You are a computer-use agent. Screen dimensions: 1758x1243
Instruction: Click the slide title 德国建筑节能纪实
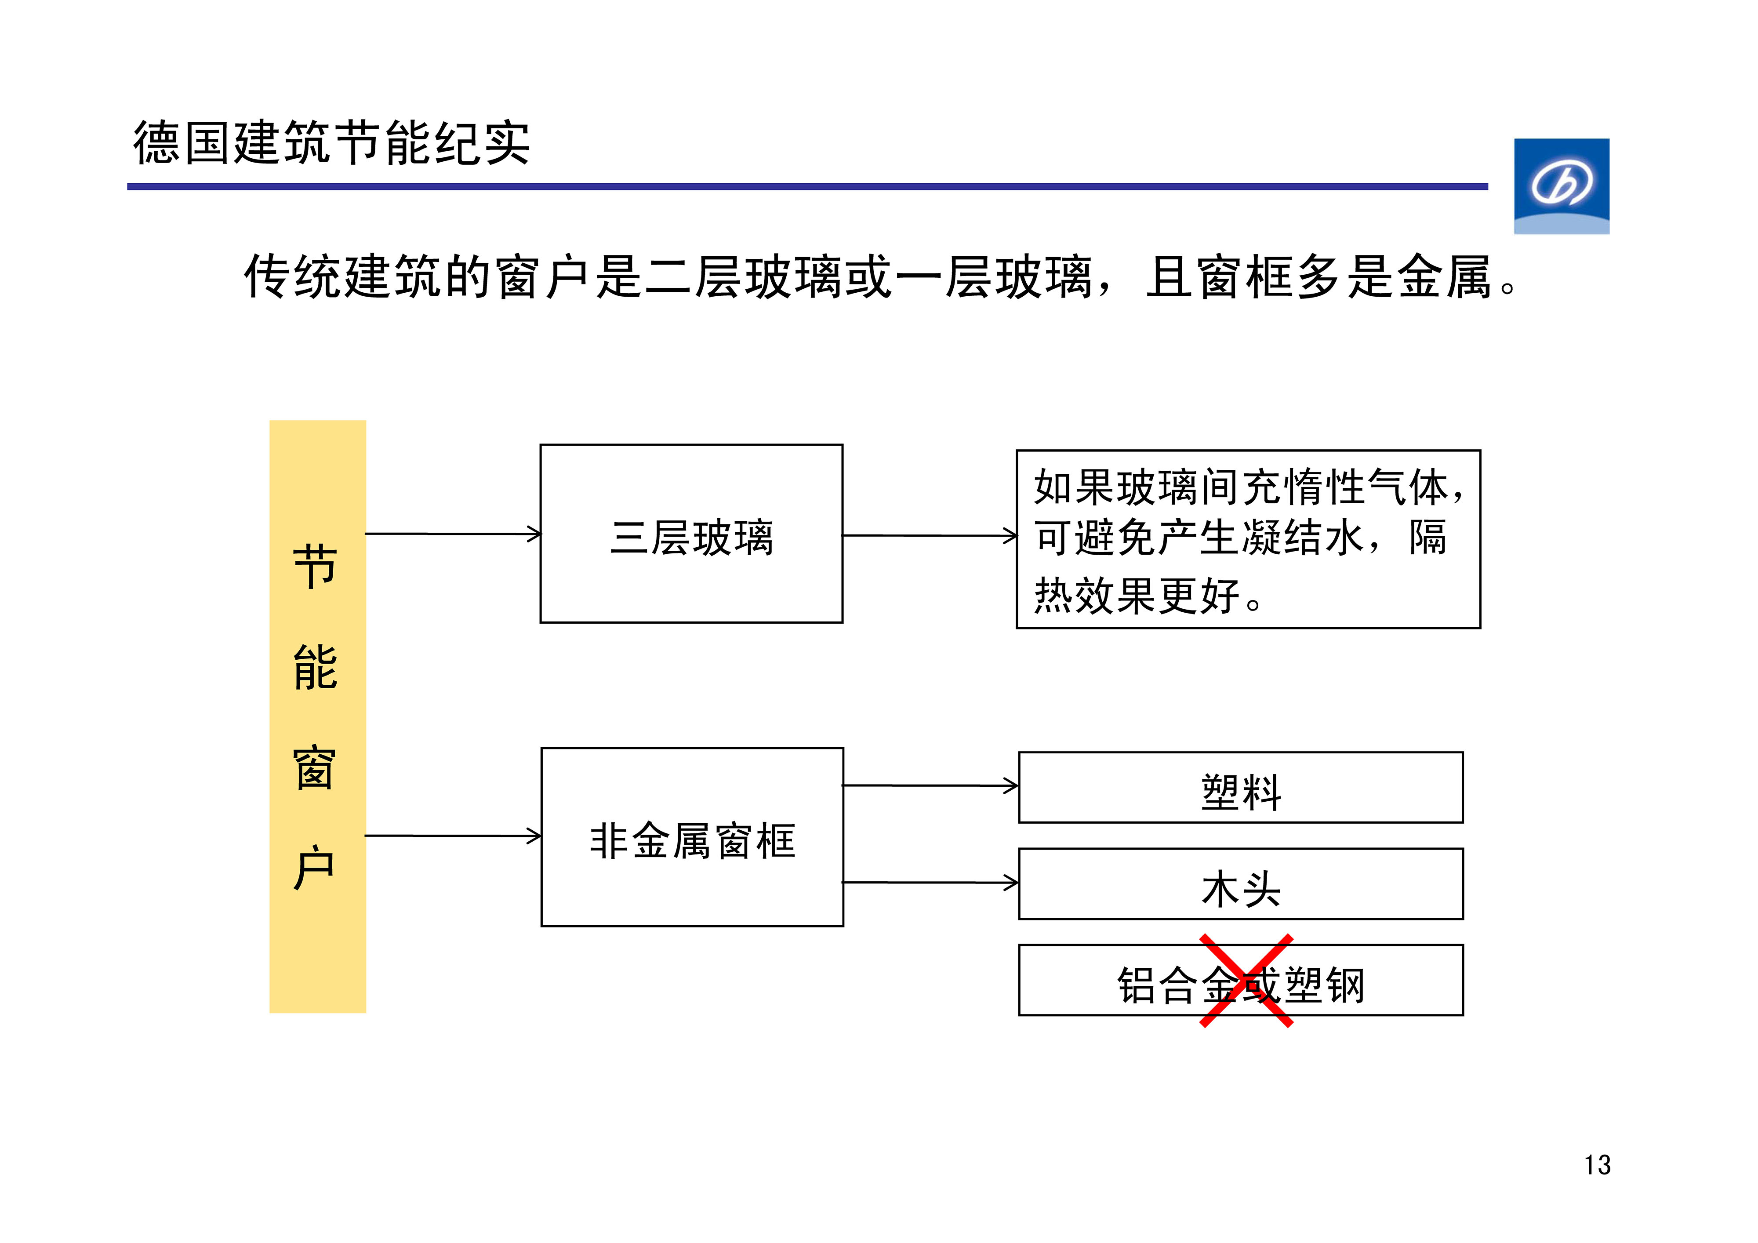tap(331, 143)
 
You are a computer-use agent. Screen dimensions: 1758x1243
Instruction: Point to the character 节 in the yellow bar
tap(315, 567)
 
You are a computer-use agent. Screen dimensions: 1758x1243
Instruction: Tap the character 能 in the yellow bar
tap(315, 667)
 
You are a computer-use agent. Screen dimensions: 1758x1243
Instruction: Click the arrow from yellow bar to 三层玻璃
tap(453, 534)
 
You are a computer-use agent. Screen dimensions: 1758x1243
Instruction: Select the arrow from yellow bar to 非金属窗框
tap(453, 836)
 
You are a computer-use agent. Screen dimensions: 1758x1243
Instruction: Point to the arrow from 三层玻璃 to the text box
tap(930, 535)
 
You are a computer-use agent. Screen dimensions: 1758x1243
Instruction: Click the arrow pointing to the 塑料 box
tap(930, 786)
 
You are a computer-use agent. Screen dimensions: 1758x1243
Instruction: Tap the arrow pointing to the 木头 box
tap(930, 883)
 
